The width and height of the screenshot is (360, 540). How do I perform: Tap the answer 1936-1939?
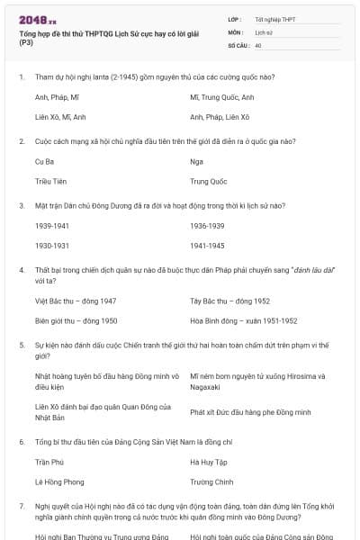tap(208, 225)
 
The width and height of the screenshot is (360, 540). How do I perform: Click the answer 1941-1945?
tap(208, 245)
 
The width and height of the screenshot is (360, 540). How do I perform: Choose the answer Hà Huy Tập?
tap(210, 462)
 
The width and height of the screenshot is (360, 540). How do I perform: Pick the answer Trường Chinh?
tap(212, 481)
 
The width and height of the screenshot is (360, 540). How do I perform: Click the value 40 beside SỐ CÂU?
tap(258, 44)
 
